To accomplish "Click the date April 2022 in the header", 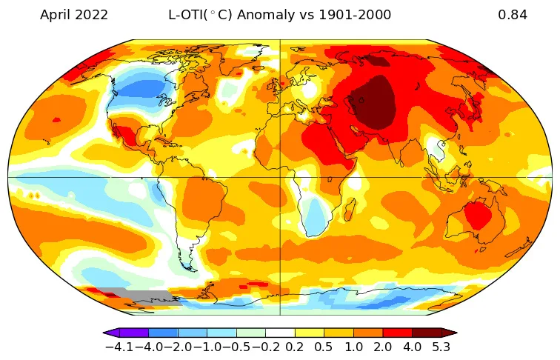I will point(73,15).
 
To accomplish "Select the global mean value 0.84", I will point(513,15).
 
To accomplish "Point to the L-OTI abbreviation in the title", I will point(191,15).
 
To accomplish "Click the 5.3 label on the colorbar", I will point(442,347).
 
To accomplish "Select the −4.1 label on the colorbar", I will point(119,347).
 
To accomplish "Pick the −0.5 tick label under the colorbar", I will point(236,347).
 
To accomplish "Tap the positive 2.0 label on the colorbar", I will point(383,347).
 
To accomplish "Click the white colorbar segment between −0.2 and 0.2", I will point(280,333).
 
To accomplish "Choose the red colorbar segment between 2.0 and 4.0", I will point(398,333).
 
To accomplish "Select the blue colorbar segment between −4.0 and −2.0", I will point(163,333).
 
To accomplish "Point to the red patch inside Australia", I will point(476,216).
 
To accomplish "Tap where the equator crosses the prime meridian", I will point(280,177).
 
